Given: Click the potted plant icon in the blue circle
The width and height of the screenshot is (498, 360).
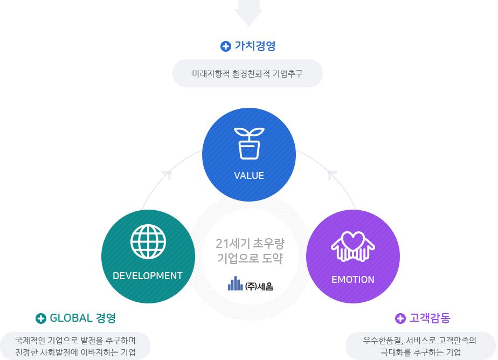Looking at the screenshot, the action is tap(249, 143).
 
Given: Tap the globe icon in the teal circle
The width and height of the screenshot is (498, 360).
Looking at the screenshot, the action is tap(148, 241).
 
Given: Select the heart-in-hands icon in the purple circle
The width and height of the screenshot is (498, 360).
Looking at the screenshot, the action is tap(353, 246).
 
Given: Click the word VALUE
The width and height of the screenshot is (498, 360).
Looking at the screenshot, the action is tap(249, 176).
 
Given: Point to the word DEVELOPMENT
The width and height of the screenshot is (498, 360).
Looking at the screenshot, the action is tap(148, 276).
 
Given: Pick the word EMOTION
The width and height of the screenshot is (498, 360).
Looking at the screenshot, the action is tap(353, 280).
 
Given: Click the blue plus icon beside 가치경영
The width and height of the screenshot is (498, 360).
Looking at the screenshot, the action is tap(225, 46).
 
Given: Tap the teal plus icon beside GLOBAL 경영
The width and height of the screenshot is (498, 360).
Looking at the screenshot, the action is tap(40, 319).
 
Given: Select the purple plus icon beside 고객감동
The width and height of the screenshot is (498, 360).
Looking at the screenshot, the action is tap(400, 319).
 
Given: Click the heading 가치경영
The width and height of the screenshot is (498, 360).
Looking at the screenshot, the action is tap(255, 46).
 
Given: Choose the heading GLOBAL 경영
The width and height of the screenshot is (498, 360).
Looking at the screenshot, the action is tap(82, 318).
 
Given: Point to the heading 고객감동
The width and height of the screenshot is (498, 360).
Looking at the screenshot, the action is tap(430, 318).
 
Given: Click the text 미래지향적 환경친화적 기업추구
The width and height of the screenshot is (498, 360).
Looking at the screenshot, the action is tap(247, 74).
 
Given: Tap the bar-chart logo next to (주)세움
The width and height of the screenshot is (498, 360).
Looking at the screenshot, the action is tap(236, 283).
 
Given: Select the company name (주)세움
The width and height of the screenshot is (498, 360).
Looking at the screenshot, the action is tap(259, 286).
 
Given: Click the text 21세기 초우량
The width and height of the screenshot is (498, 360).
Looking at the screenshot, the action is tap(250, 244).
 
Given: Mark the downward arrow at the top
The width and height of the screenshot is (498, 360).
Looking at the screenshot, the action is tap(248, 13).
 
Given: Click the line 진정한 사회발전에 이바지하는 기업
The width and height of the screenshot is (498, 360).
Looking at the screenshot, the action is tap(75, 352).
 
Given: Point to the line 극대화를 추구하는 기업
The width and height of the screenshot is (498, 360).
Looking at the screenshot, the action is tap(420, 352).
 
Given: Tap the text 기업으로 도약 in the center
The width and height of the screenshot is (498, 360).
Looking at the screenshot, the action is tap(250, 258).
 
